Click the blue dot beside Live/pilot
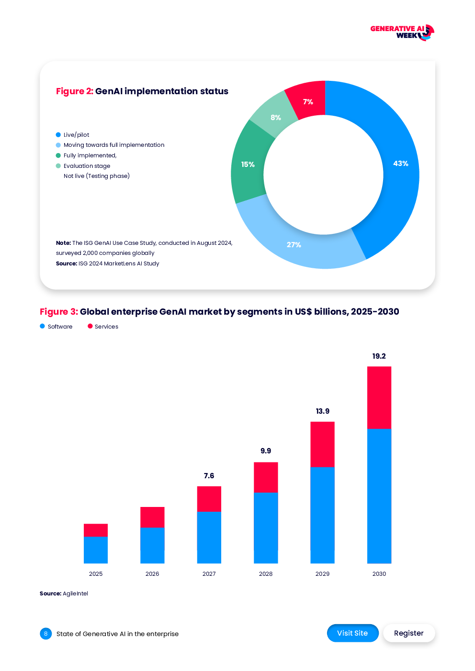pos(58,135)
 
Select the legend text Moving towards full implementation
pos(114,145)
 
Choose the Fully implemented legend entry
pos(90,155)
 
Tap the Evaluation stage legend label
pos(87,166)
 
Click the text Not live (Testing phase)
pos(97,176)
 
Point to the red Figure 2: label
pos(74,91)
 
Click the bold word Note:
pos(63,243)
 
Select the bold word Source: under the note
pos(67,264)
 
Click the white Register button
pos(409,633)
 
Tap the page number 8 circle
pos(46,634)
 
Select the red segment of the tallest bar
pos(379,397)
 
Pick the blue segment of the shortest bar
pos(96,550)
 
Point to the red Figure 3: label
pos(58,312)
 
